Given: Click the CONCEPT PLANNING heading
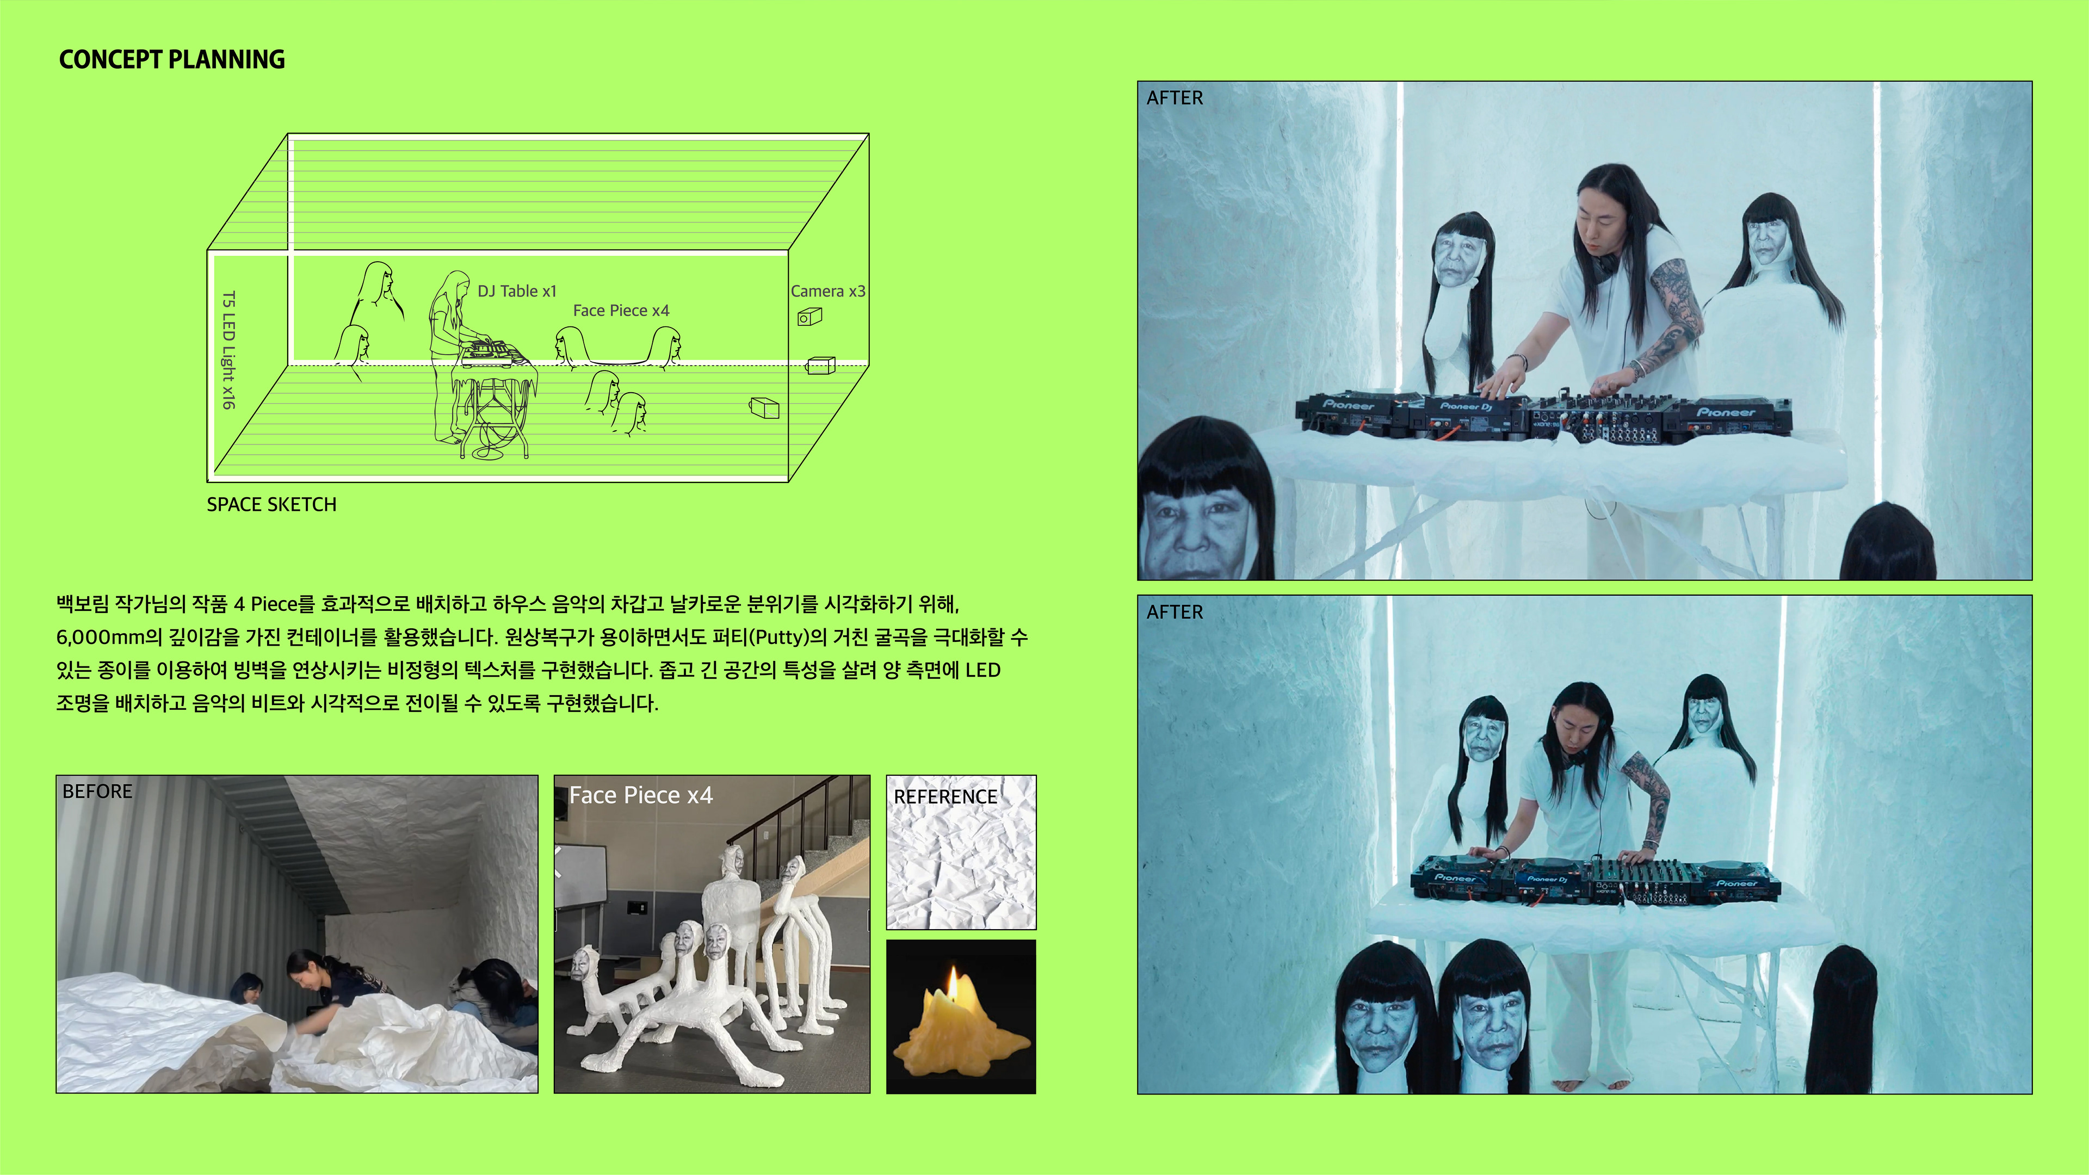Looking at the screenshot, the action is point(172,60).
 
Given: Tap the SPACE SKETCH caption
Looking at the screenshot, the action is point(271,504).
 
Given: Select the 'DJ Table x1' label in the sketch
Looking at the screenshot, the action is point(517,291).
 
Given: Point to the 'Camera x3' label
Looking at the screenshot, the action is point(828,291).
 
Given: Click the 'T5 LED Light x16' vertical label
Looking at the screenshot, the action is point(230,350).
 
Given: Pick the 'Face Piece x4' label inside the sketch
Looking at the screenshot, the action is point(621,311).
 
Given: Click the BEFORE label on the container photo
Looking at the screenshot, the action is point(97,791).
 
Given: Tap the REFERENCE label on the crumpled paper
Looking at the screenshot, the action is point(945,797).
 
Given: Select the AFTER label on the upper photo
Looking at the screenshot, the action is point(1175,98).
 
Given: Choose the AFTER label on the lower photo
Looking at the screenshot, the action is point(1175,612).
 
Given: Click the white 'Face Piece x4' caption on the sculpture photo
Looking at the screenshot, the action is point(641,795).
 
